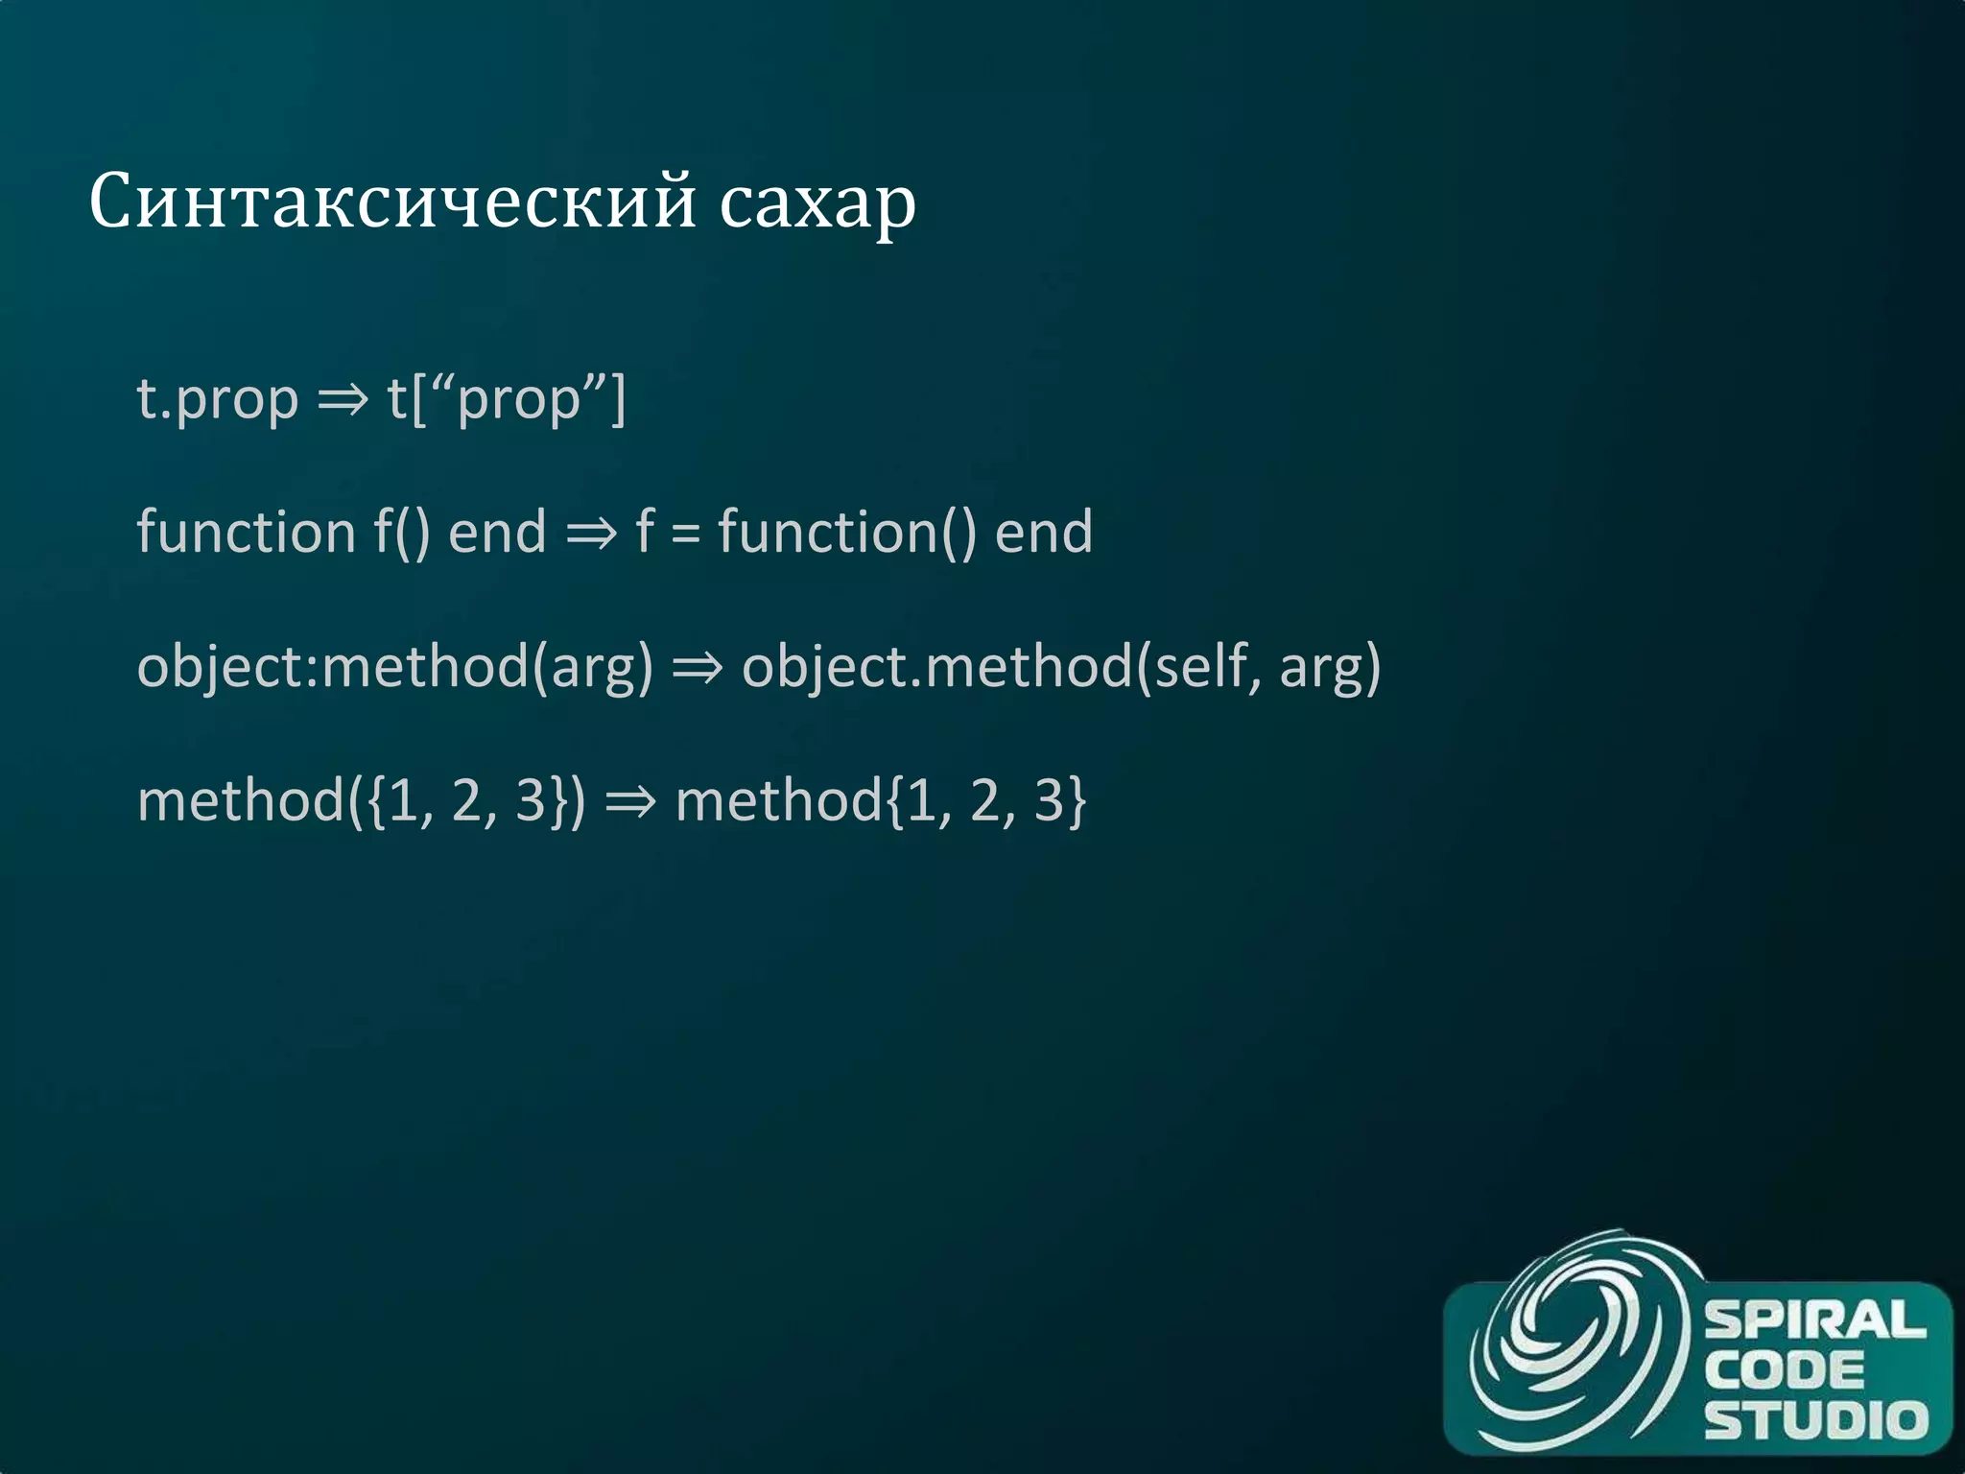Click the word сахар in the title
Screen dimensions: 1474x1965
(817, 203)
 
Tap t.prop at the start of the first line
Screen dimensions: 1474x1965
(218, 399)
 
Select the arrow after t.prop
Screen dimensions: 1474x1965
(343, 399)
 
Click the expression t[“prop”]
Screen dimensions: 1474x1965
(506, 399)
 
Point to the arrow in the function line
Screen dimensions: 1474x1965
(591, 533)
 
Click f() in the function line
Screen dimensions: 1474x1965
(401, 533)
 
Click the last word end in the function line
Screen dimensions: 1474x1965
(1043, 533)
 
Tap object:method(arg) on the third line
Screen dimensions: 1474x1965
(394, 667)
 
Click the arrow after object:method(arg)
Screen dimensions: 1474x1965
(698, 667)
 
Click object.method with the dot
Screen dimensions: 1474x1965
(935, 667)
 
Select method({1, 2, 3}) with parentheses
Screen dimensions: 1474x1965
(361, 800)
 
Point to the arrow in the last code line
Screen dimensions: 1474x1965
(630, 800)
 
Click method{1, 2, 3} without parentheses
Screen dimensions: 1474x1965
(880, 800)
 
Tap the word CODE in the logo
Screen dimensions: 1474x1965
(1784, 1370)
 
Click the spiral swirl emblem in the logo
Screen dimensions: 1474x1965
(1574, 1343)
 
